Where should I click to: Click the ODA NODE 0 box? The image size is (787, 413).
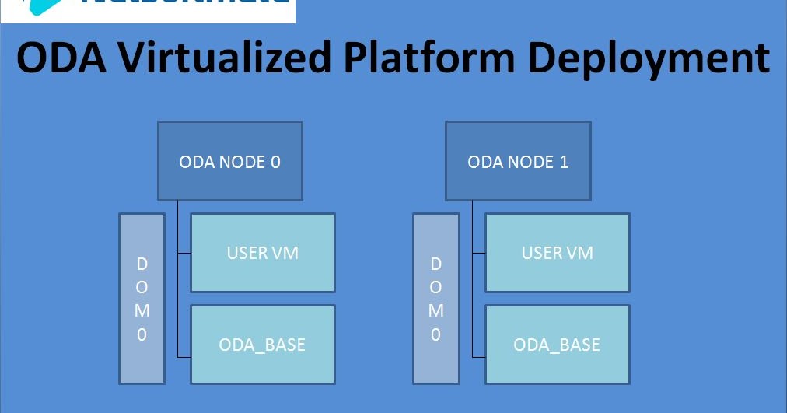[229, 162]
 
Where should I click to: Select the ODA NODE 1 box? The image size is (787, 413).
[518, 162]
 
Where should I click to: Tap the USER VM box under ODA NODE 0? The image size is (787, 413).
[263, 253]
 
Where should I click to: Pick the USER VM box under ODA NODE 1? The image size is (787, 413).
[558, 253]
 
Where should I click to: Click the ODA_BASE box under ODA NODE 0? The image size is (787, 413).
[263, 345]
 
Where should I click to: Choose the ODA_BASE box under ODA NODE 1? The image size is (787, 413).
[558, 345]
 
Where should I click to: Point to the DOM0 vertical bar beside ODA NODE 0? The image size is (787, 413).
[142, 299]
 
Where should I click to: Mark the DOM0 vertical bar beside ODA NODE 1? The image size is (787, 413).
[435, 299]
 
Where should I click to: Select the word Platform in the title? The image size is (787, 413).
[442, 59]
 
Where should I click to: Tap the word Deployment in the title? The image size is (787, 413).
[655, 59]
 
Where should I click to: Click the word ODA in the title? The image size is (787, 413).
[59, 59]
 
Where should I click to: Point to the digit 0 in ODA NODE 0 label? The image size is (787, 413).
[275, 163]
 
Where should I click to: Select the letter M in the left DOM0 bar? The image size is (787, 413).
[142, 311]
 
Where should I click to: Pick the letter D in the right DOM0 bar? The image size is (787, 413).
[435, 264]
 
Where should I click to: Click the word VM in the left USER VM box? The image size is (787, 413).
[285, 253]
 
